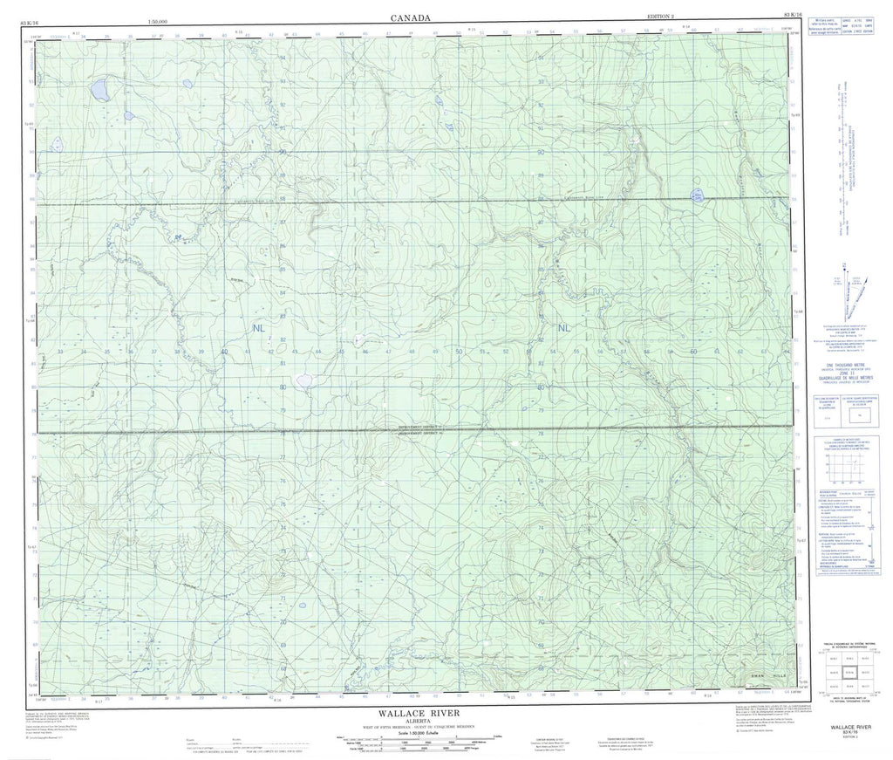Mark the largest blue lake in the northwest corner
(x=99, y=89)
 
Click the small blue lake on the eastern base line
(x=696, y=194)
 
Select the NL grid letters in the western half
(x=259, y=328)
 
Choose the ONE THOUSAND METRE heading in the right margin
(x=843, y=360)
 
